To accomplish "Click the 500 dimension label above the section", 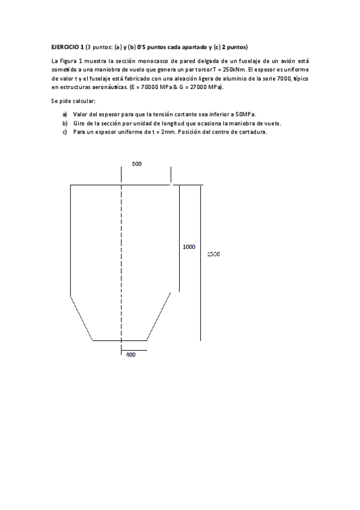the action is pyautogui.click(x=137, y=164).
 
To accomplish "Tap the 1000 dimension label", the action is pyautogui.click(x=189, y=247).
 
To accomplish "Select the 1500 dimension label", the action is pyautogui.click(x=213, y=254).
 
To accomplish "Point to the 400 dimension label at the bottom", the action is pyautogui.click(x=130, y=355).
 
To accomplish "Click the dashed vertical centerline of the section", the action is pyautogui.click(x=121, y=259).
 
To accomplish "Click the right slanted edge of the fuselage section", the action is pyautogui.click(x=163, y=316).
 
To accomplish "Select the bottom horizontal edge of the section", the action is pyautogui.click(x=120, y=340).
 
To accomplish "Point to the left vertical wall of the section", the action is pyautogui.click(x=71, y=241).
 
